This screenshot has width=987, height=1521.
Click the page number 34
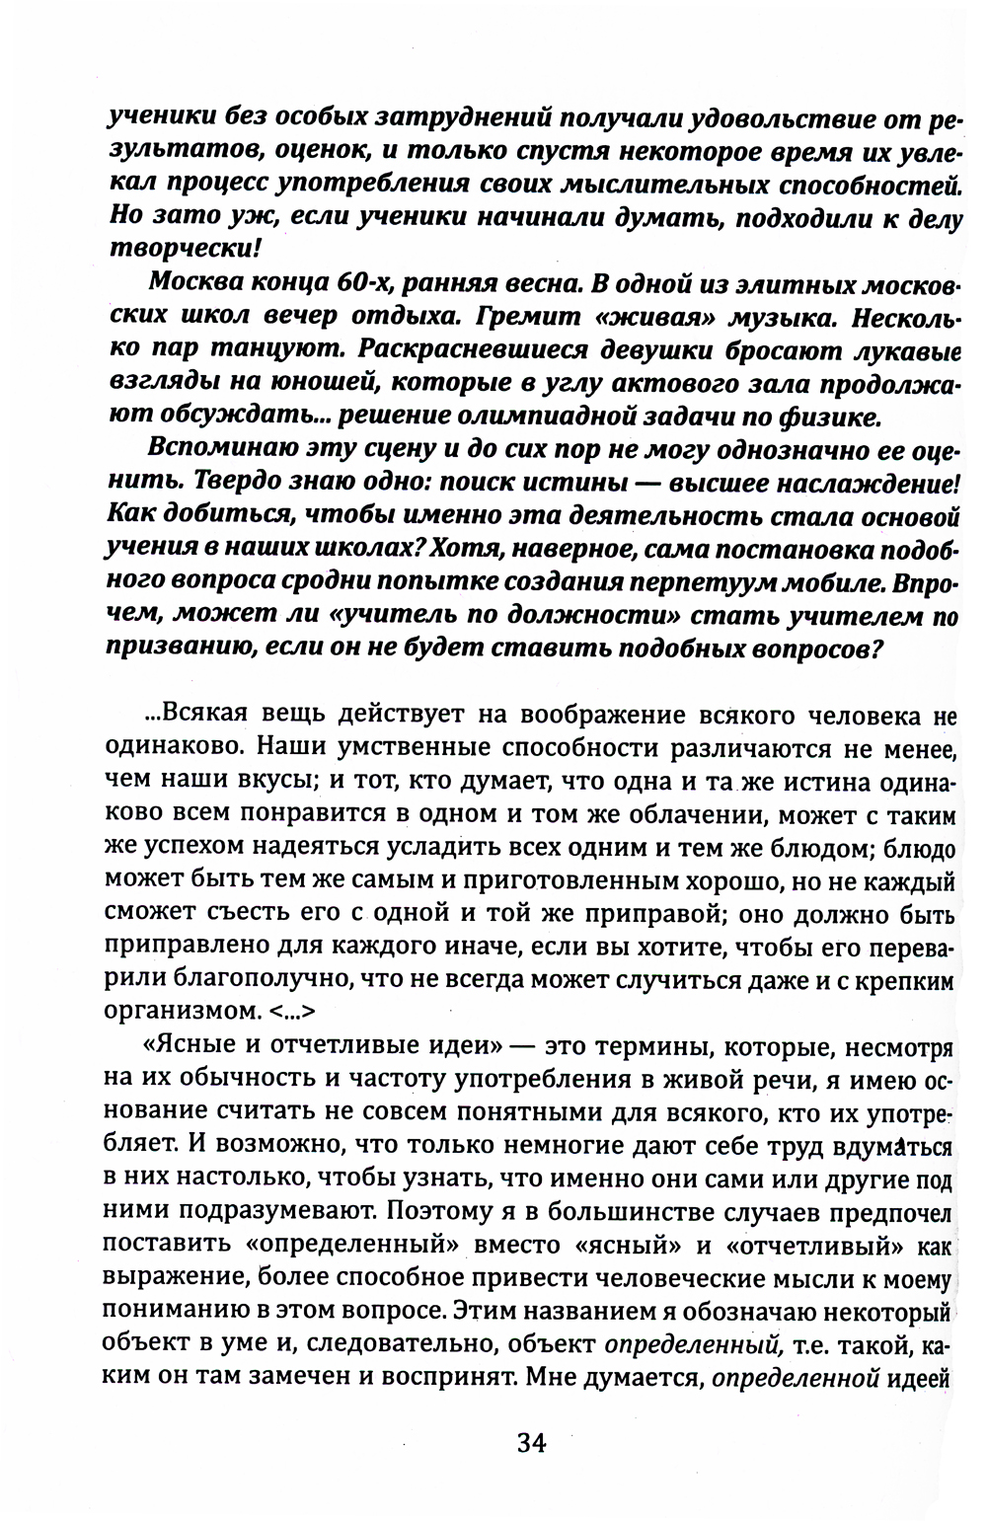coord(530,1443)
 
